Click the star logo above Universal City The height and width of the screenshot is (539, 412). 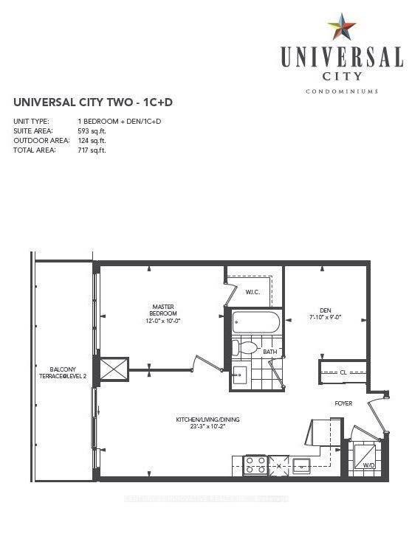tap(342, 27)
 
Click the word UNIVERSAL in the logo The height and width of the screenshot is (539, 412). tap(341, 57)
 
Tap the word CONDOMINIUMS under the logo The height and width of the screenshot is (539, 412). tap(341, 91)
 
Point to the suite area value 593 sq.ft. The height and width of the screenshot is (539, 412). tap(92, 130)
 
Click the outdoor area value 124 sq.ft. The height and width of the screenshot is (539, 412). tap(92, 140)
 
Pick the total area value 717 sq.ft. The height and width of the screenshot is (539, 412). tap(92, 150)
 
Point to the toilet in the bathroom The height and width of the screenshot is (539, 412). tap(245, 346)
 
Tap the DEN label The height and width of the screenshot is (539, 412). tap(326, 310)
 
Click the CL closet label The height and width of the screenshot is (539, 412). tap(343, 373)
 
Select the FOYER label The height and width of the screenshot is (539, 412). tap(343, 403)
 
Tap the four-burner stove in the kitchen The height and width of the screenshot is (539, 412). tap(255, 465)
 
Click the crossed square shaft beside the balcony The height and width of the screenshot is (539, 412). tap(113, 369)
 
